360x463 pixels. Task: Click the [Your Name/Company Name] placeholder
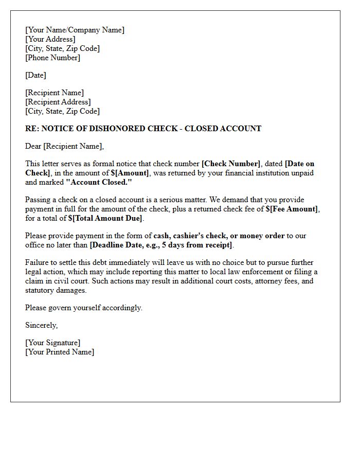point(75,30)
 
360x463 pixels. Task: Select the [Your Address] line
point(50,39)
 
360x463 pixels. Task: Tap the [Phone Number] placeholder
point(52,58)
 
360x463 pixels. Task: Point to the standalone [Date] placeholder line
point(35,75)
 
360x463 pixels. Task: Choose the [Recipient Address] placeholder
point(58,102)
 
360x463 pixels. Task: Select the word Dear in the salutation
point(33,146)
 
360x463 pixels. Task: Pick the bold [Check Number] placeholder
point(231,164)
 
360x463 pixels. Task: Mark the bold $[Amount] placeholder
point(130,173)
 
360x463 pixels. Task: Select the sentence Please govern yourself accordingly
point(84,308)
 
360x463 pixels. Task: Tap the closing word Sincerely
point(41,325)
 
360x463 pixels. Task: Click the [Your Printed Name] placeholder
point(60,352)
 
